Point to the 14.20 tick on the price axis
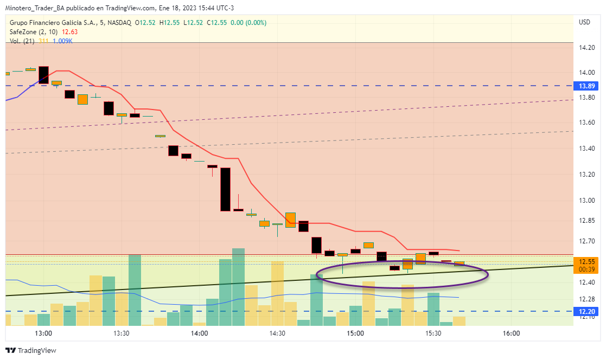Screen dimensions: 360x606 click(586, 48)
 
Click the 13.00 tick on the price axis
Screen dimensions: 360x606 click(586, 200)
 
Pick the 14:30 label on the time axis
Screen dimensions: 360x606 click(277, 333)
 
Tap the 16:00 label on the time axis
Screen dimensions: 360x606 click(511, 333)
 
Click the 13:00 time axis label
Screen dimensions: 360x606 click(43, 333)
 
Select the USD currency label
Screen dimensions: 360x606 click(584, 22)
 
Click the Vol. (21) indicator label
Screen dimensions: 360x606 click(22, 41)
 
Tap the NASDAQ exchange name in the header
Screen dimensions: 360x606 click(119, 22)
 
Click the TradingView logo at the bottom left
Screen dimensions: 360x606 click(31, 351)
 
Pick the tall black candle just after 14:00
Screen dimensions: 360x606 click(225, 189)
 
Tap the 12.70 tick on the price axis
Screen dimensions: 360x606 click(586, 241)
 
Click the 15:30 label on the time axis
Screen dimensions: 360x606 click(433, 333)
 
